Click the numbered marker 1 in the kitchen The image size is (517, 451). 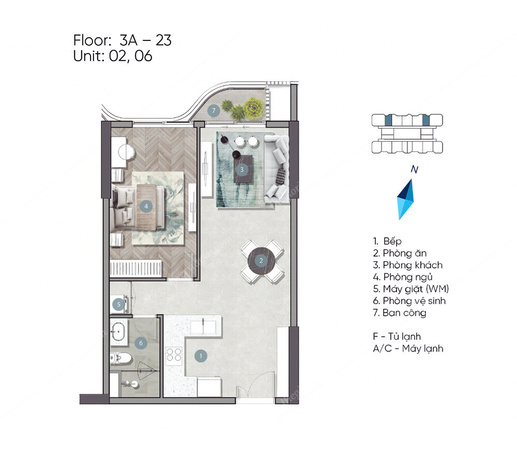point(201,356)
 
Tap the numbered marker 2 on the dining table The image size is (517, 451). point(262,260)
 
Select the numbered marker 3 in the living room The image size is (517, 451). point(241,169)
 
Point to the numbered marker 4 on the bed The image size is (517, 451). point(147,206)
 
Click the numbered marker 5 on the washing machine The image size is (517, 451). point(119,305)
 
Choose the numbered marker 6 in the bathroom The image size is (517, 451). point(140,342)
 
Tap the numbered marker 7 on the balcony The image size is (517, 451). point(212,111)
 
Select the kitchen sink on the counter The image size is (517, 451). point(205,327)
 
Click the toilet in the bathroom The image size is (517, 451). point(120,357)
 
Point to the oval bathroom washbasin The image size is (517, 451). point(119,331)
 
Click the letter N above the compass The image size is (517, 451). point(414,169)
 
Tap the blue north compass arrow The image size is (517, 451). point(406,200)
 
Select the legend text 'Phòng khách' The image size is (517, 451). point(412,265)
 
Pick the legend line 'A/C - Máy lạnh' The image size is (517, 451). point(408,349)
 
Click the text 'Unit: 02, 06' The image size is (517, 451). point(113,56)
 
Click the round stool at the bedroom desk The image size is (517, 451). point(126,152)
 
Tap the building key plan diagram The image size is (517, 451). point(407,134)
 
